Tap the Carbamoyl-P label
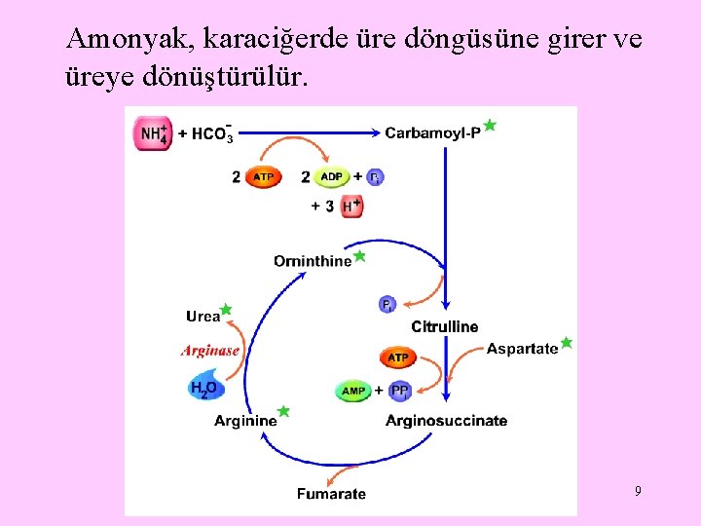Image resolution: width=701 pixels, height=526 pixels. point(432,132)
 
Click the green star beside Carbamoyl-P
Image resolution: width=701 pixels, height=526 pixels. point(490,126)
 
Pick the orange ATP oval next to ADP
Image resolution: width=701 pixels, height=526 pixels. point(263,177)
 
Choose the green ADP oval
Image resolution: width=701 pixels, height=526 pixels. point(331,177)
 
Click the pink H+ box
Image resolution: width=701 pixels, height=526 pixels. point(350,206)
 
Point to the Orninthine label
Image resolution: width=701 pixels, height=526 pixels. point(312,261)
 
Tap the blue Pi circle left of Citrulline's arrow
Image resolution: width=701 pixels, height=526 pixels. point(387,305)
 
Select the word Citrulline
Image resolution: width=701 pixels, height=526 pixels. point(445,326)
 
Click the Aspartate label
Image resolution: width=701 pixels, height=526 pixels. point(522,349)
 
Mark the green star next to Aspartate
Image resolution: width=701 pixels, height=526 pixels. point(567,343)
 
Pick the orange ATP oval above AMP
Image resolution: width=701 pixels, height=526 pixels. point(398,357)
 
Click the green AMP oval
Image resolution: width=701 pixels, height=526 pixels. point(353,391)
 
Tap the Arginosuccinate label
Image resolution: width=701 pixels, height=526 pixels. point(446,421)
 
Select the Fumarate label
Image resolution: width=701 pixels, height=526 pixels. point(332,494)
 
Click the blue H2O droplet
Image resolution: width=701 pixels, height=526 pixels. point(205,386)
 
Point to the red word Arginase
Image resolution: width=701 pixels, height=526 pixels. point(210,351)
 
